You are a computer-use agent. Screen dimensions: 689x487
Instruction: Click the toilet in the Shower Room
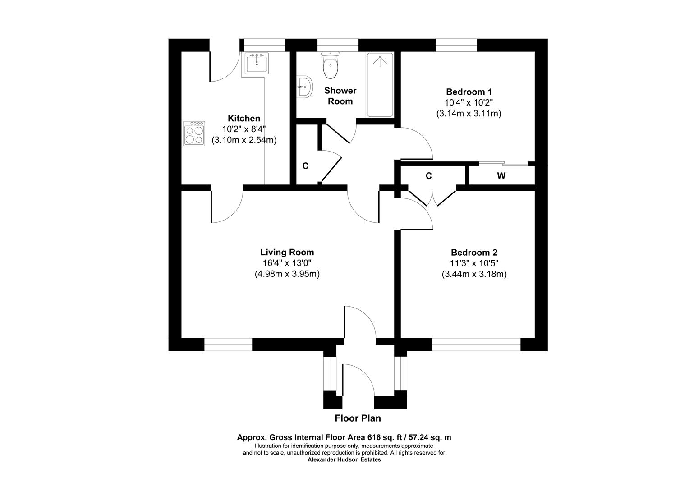coord(331,64)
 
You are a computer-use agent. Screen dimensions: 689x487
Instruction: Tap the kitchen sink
coord(257,63)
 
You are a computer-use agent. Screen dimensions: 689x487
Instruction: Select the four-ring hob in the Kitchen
coord(194,133)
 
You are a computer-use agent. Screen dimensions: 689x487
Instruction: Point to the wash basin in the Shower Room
coord(305,87)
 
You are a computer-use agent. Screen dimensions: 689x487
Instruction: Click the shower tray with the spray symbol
coord(380,85)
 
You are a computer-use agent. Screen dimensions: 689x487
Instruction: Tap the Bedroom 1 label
coord(469,92)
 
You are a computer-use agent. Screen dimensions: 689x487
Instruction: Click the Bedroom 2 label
coord(474,252)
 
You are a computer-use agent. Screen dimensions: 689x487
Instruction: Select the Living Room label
coord(287,252)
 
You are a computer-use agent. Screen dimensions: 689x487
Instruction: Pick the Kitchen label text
coord(244,118)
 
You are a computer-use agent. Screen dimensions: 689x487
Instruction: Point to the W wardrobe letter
coord(501,176)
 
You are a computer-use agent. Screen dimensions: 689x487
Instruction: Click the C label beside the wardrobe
coord(429,176)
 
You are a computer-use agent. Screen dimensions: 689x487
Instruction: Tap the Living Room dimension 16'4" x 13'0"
coord(287,263)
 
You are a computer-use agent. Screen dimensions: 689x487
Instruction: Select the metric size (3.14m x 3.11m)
coord(469,114)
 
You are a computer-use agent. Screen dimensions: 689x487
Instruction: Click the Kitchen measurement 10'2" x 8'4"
coord(244,129)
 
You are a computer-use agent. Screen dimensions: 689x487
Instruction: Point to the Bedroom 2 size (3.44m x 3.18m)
coord(474,274)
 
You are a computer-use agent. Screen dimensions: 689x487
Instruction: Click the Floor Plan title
coord(358,418)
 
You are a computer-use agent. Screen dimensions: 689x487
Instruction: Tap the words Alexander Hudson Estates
coord(344,459)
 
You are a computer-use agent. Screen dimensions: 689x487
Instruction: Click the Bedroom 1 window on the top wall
coord(456,45)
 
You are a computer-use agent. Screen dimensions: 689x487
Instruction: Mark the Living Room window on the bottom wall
coord(228,345)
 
